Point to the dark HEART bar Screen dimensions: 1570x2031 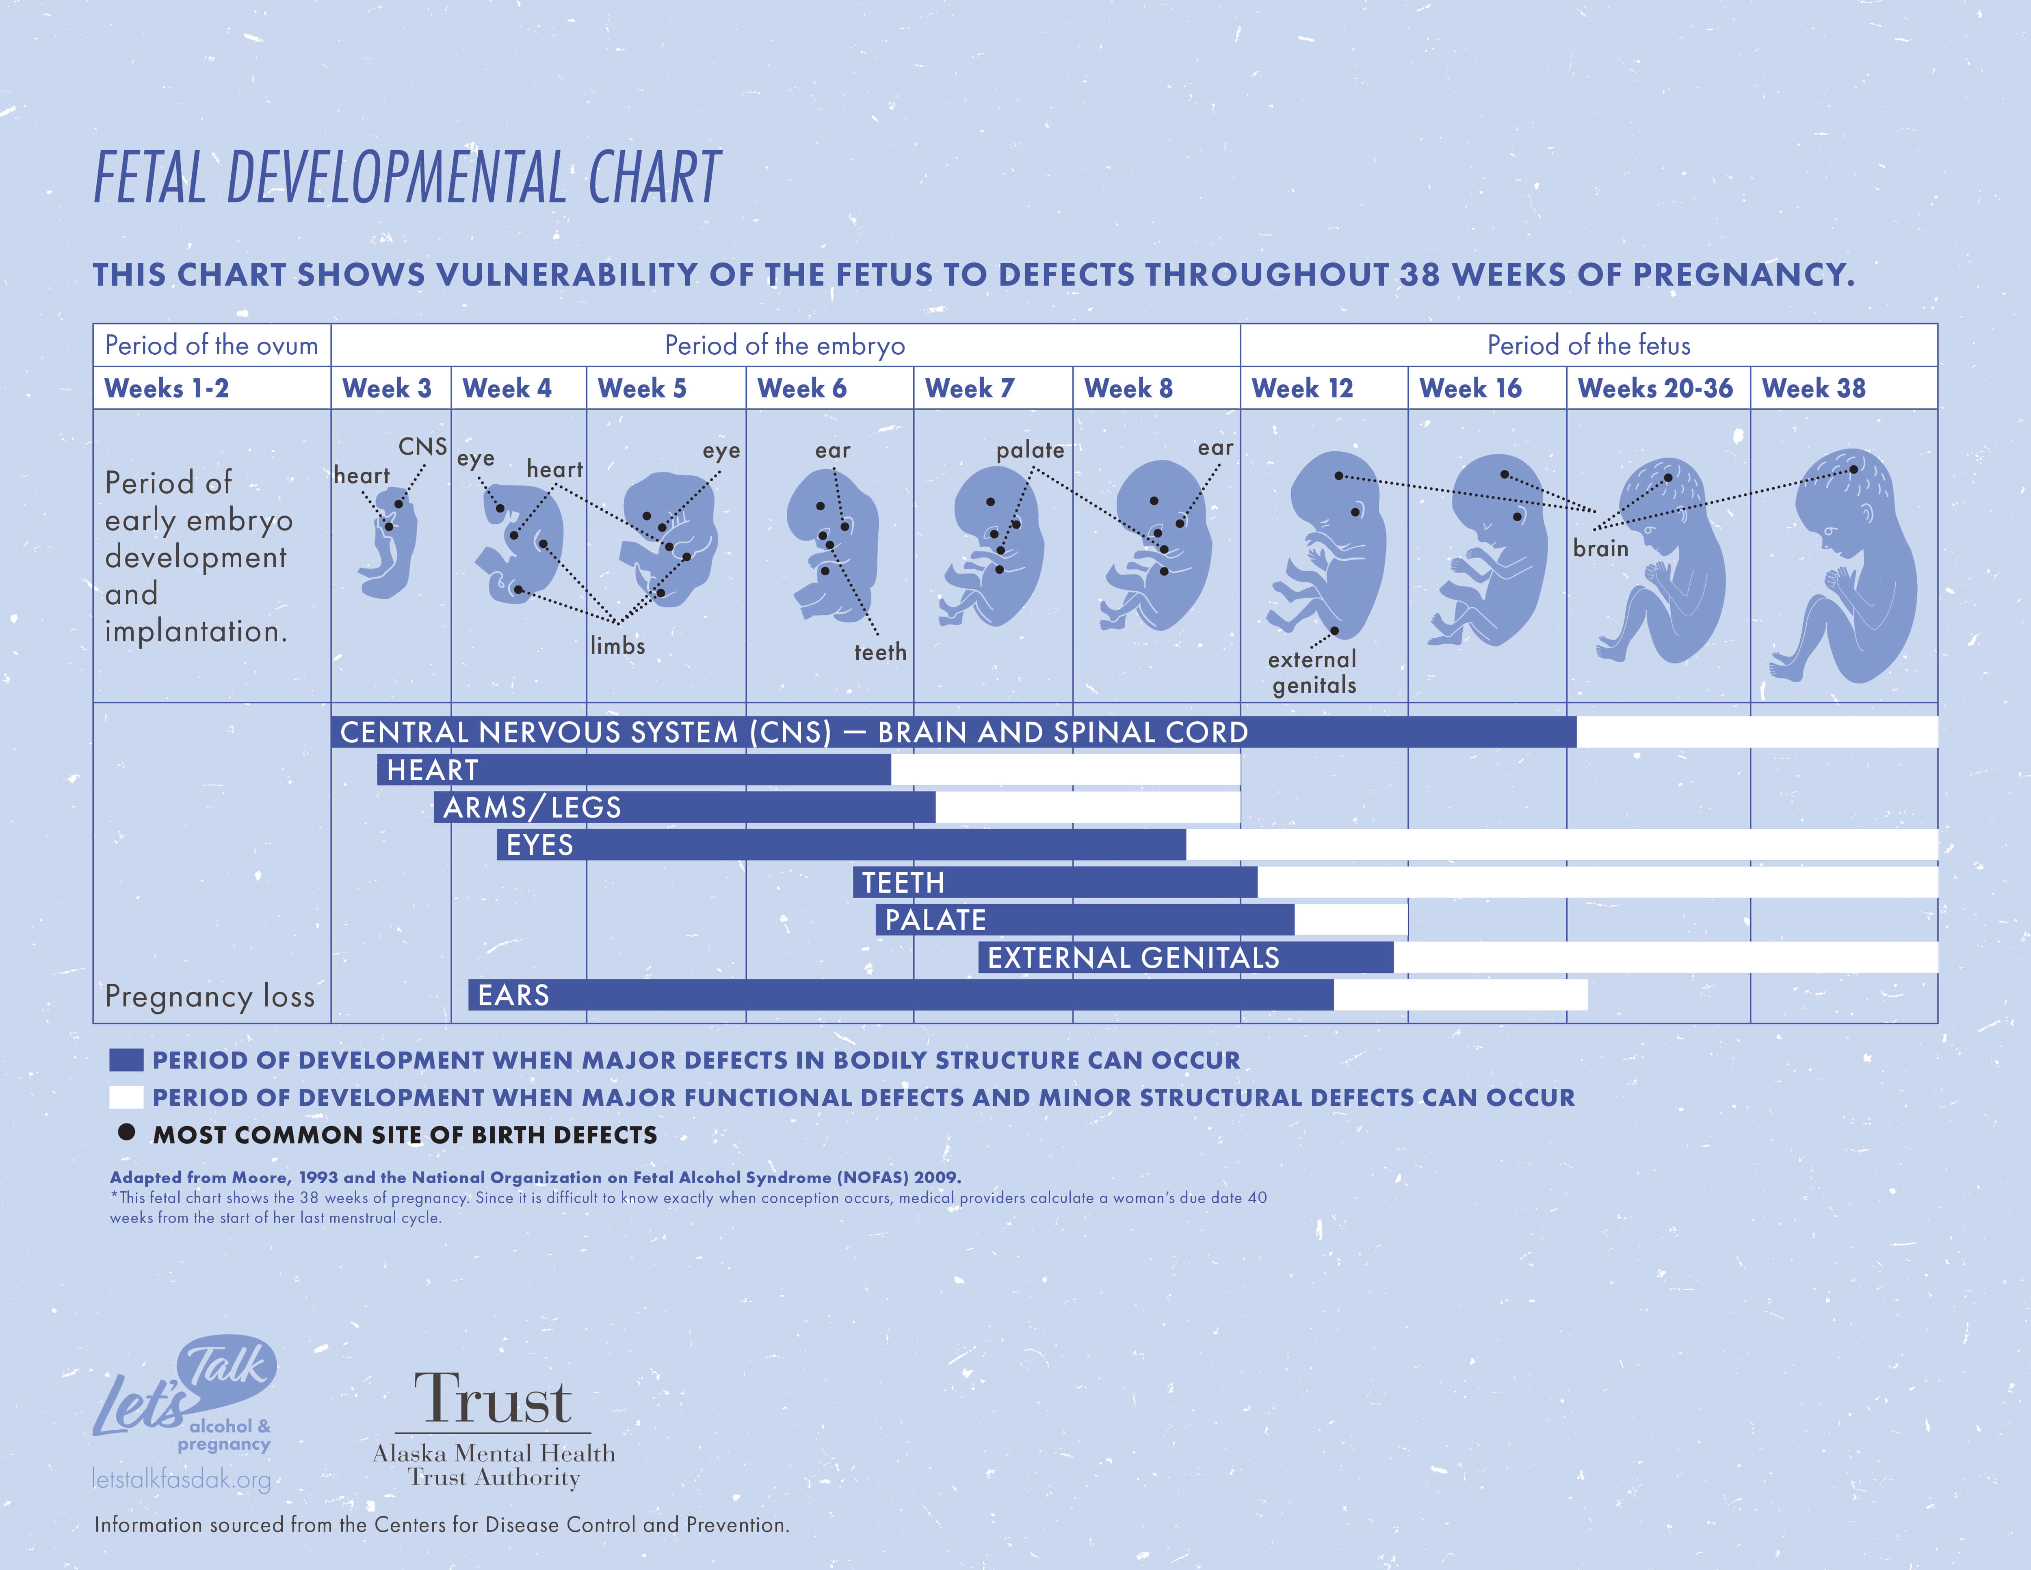[632, 770]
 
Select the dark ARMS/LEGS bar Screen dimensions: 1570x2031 [684, 807]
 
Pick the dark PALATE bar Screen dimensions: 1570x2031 [1084, 920]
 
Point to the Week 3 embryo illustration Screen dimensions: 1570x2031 [389, 549]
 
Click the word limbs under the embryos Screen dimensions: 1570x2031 [617, 646]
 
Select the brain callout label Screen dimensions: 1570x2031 [1600, 549]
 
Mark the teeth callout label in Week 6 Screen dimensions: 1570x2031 [880, 652]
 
